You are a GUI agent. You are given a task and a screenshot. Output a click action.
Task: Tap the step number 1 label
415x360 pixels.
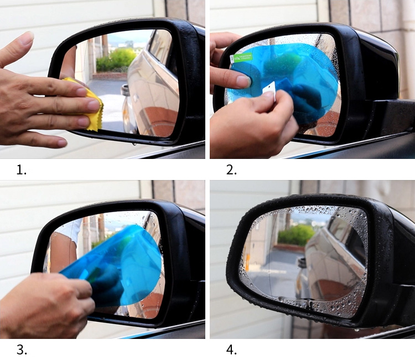(x=22, y=169)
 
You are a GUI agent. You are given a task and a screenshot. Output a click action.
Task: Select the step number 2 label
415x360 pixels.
(x=231, y=169)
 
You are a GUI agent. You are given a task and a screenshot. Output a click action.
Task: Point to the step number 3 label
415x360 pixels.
(x=22, y=349)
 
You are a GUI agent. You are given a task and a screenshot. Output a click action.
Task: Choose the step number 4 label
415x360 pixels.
(x=231, y=349)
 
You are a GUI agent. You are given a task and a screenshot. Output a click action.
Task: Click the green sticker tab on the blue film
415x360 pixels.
(x=241, y=58)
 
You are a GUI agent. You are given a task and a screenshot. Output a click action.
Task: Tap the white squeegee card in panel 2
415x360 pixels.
(x=269, y=91)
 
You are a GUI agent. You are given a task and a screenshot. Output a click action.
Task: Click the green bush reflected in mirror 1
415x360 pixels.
(x=116, y=60)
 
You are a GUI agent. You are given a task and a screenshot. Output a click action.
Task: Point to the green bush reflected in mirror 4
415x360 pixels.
(x=296, y=235)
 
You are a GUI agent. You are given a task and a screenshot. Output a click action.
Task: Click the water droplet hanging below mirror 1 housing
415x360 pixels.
(x=134, y=144)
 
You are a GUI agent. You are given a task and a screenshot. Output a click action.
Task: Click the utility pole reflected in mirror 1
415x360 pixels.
(x=105, y=45)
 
